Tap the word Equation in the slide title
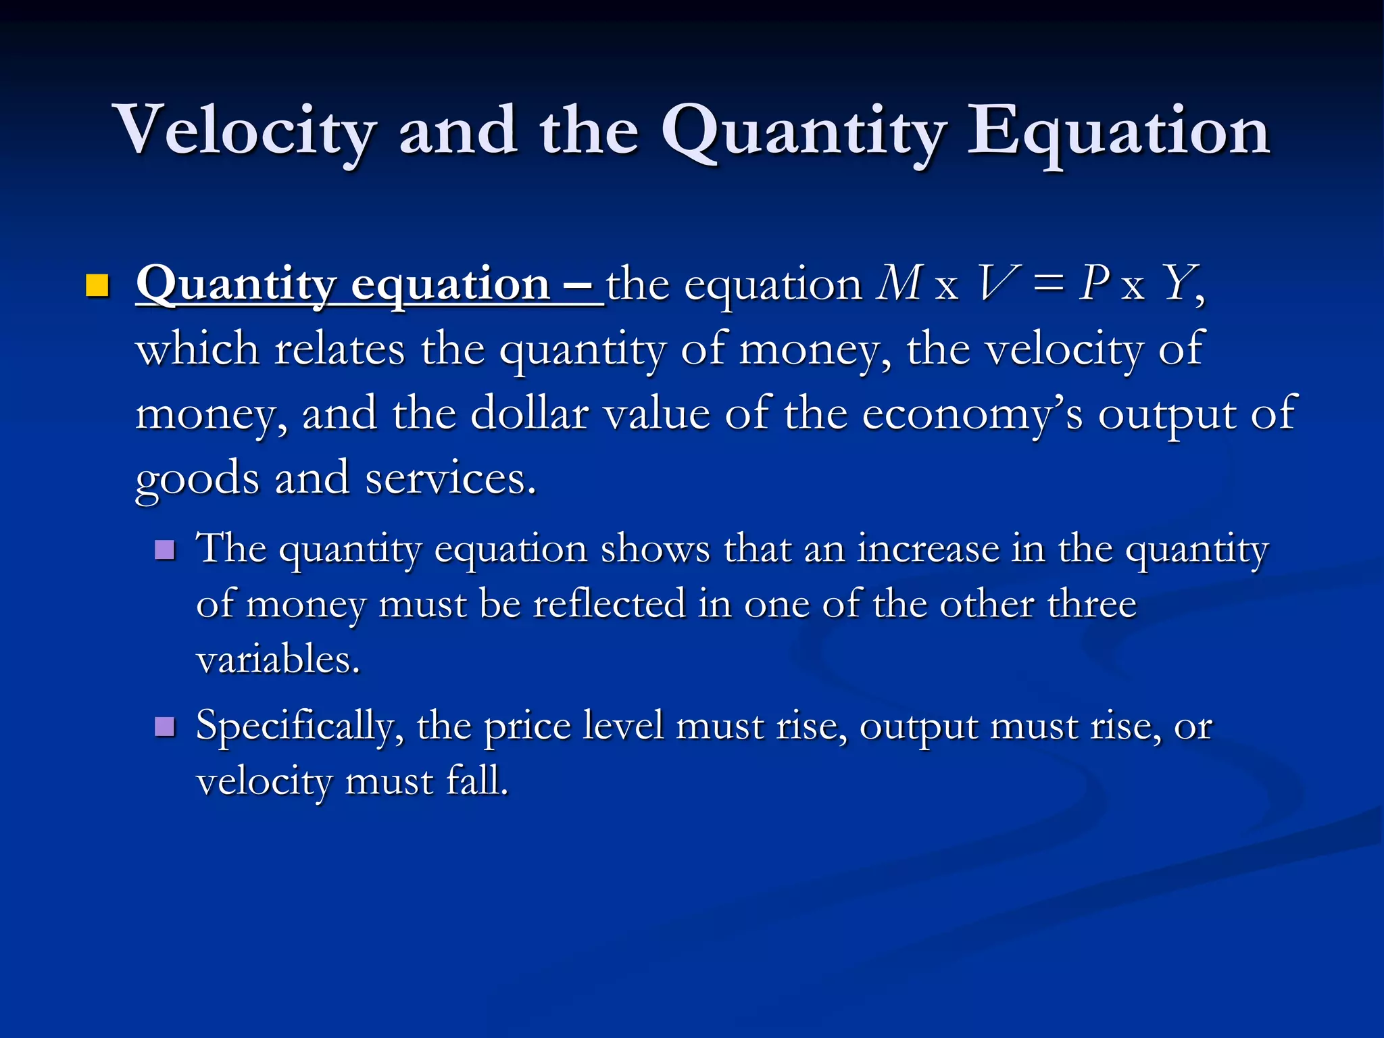pos(1118,130)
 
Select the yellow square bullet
pos(97,286)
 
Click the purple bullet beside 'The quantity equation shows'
pos(164,549)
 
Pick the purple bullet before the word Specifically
pos(164,727)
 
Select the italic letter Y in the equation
pos(1179,282)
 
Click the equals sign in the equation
pos(1047,284)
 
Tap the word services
pos(449,478)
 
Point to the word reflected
pos(609,603)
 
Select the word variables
pos(277,658)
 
